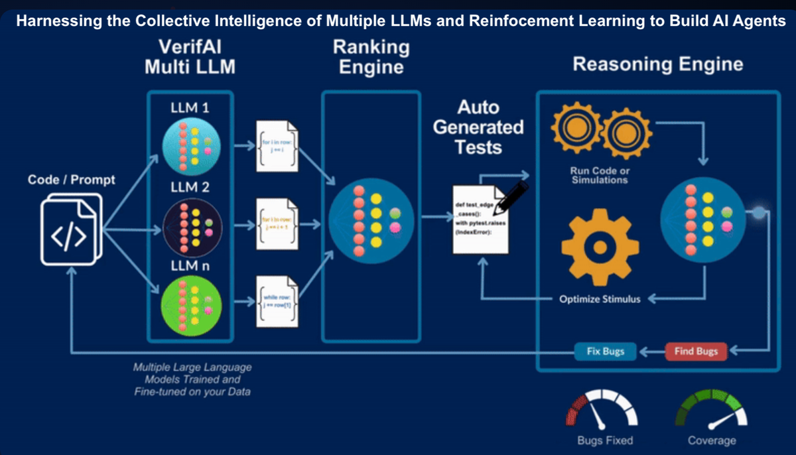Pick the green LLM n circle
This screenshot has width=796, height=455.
[x=190, y=306]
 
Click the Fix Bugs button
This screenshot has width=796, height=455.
[x=605, y=351]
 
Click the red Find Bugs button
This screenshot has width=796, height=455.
[x=696, y=351]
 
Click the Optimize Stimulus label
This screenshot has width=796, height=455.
[x=600, y=299]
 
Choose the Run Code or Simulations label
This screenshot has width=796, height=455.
[x=600, y=176]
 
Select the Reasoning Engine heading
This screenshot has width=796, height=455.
[x=657, y=64]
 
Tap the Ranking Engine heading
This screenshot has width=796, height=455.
[x=371, y=57]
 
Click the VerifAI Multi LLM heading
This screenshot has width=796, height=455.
[x=190, y=57]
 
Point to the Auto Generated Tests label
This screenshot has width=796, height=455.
[x=478, y=127]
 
